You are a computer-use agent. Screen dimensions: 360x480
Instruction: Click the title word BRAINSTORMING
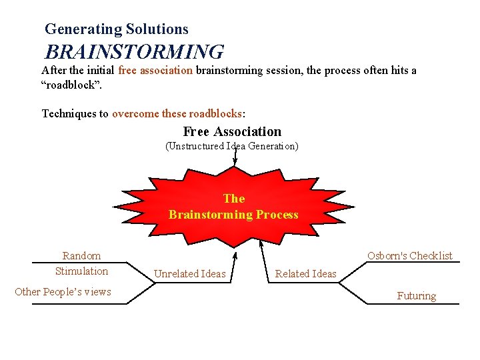134,51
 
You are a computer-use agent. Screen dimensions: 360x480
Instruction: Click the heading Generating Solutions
117,29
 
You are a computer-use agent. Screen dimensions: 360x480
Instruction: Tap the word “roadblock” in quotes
71,86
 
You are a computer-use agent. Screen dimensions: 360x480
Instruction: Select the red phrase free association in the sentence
155,70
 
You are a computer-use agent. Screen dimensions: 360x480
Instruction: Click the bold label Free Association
232,131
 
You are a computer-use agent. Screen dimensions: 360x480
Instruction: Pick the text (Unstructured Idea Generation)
231,146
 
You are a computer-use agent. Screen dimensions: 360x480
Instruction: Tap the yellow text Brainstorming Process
233,215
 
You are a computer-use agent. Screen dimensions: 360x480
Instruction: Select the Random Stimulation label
81,263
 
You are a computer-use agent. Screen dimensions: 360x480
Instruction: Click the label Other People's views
63,291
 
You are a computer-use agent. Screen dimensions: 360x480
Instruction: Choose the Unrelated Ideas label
190,274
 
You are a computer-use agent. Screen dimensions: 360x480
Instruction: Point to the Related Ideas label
306,274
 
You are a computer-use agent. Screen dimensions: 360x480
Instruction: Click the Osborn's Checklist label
409,256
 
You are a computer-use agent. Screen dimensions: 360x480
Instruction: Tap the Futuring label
416,296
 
